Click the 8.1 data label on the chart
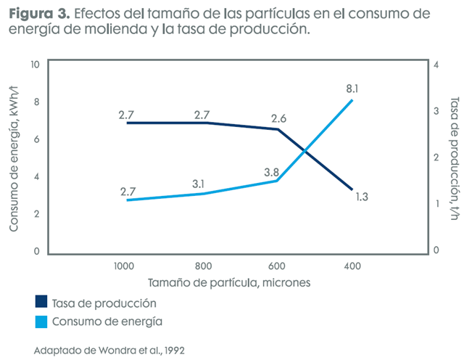[352, 89]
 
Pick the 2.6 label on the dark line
[278, 118]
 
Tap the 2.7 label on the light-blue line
[128, 191]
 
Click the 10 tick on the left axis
[33, 65]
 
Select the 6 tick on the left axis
[36, 139]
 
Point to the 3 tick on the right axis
[436, 111]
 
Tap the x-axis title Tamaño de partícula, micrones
[230, 282]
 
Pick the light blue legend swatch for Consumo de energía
[41, 320]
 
